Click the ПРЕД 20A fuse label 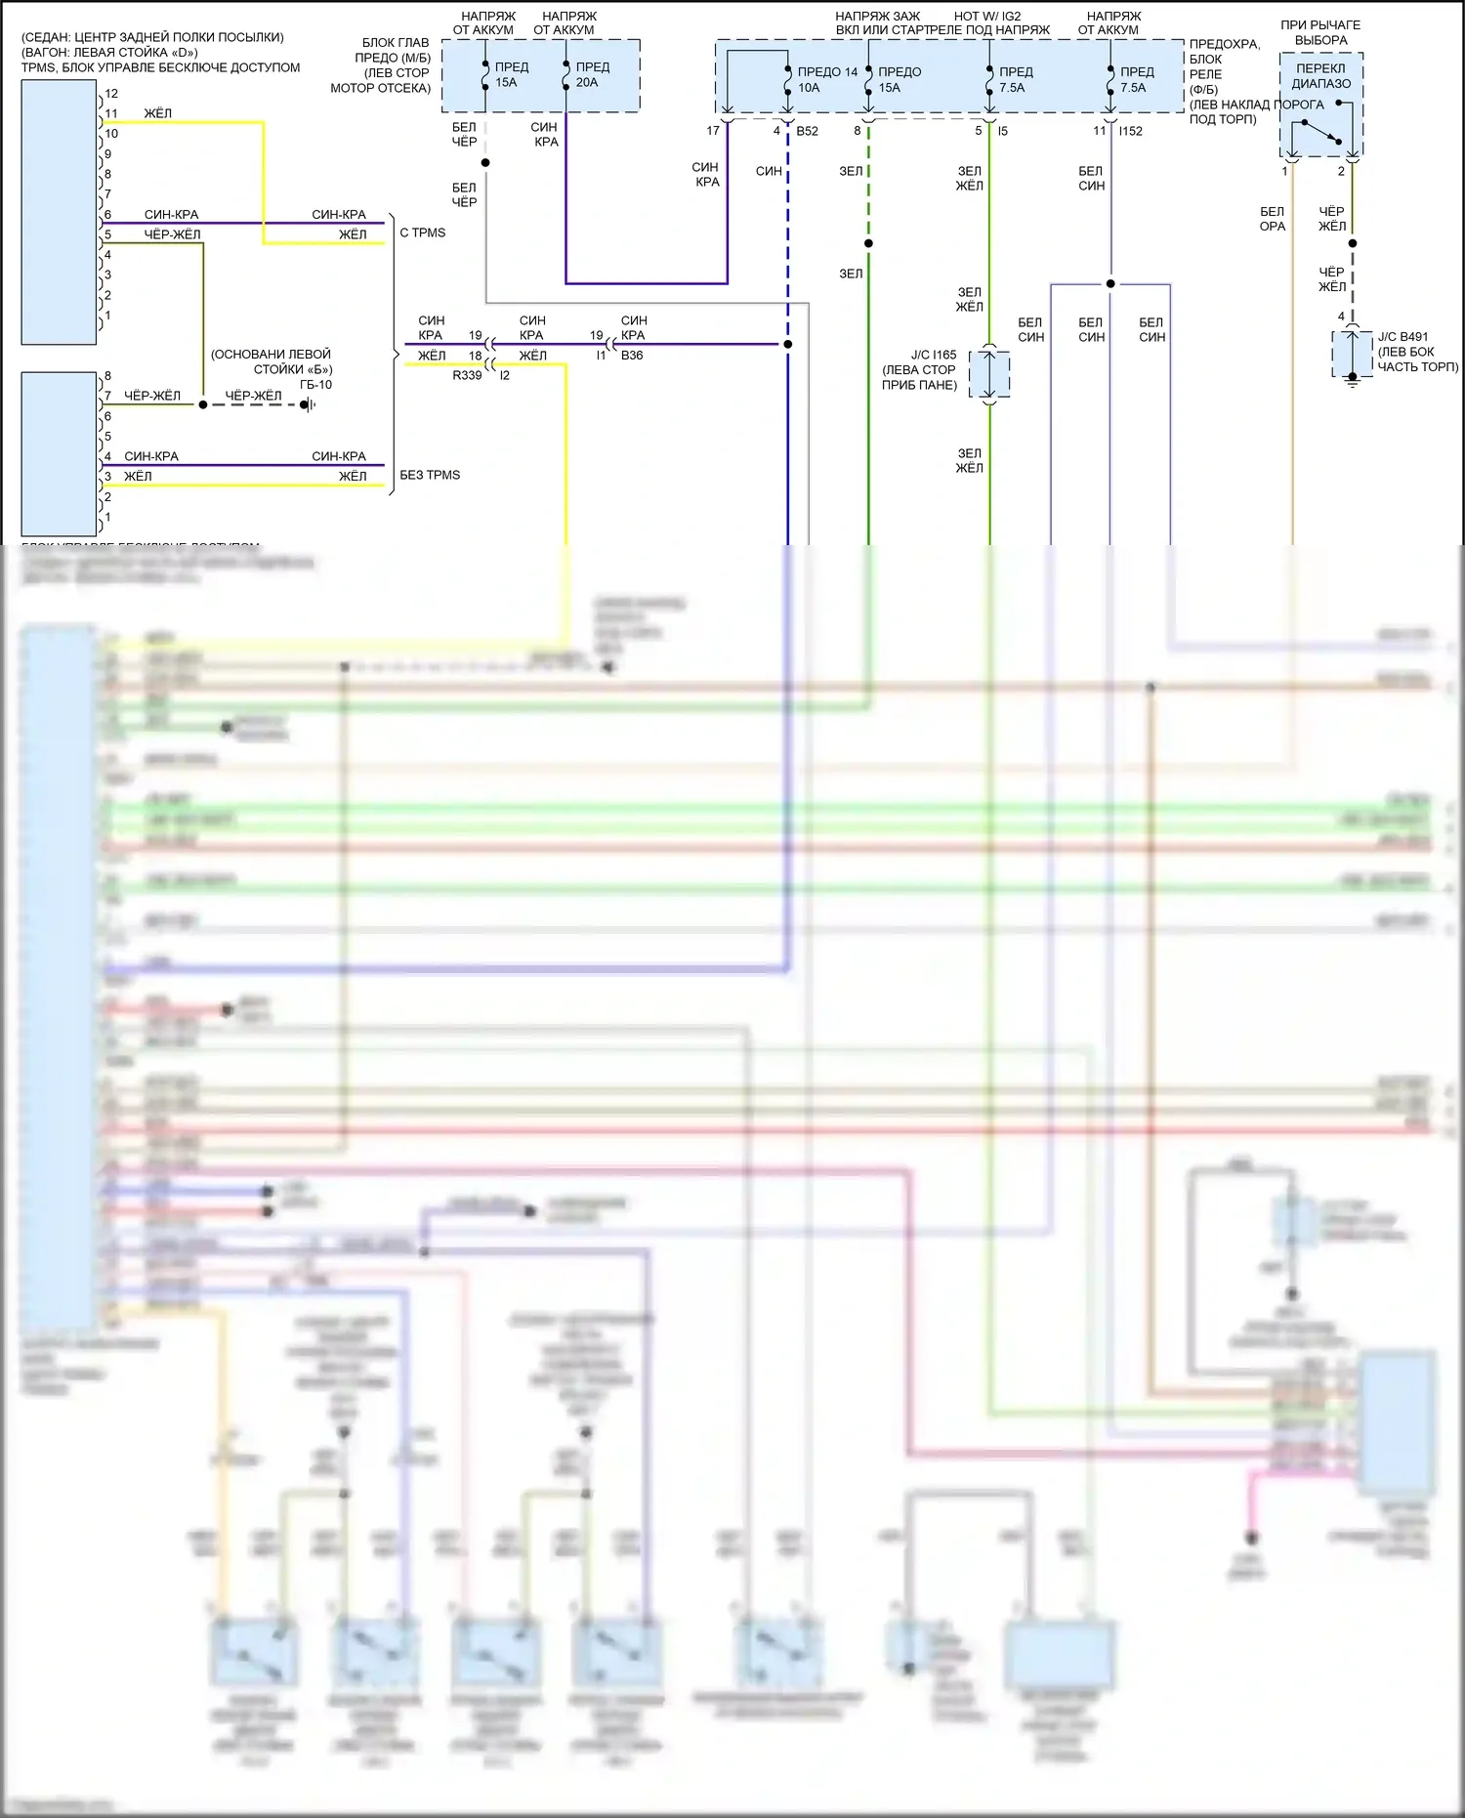coord(592,74)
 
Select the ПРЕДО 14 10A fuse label coord(826,79)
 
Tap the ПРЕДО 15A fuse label coord(899,79)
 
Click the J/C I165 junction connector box coord(989,372)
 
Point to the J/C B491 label coord(1402,337)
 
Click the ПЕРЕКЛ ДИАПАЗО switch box coord(1321,105)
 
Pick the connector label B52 coord(807,131)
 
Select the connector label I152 coord(1130,131)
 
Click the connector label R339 coord(467,375)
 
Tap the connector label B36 coord(632,356)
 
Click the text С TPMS coord(423,233)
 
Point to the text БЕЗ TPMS coord(430,476)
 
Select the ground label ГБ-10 coord(315,385)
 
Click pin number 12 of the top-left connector coord(111,94)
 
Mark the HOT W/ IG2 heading coord(987,17)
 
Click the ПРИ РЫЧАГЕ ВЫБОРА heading coord(1320,32)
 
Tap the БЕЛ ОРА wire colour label coord(1273,219)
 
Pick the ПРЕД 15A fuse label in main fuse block coord(511,74)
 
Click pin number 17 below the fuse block coord(713,131)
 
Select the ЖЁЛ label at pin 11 coord(158,114)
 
